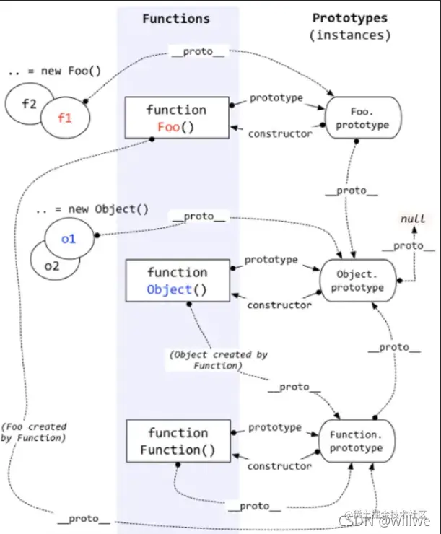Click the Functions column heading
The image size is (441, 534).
pos(176,19)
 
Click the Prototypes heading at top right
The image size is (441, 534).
pos(349,18)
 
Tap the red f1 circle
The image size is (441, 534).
pos(64,118)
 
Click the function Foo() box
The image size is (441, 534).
pos(176,118)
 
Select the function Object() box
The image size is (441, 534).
pos(176,281)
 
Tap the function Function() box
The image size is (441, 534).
pos(176,441)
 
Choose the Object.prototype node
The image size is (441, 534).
pos(361,281)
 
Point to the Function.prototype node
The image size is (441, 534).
pos(356,441)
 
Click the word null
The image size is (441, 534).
pos(412,219)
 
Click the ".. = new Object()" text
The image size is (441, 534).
pos(92,209)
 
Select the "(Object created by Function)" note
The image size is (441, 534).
pos(218,360)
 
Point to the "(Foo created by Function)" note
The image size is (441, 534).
pos(34,432)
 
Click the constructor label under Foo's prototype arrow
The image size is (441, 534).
pos(280,133)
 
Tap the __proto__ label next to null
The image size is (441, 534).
pos(409,245)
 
